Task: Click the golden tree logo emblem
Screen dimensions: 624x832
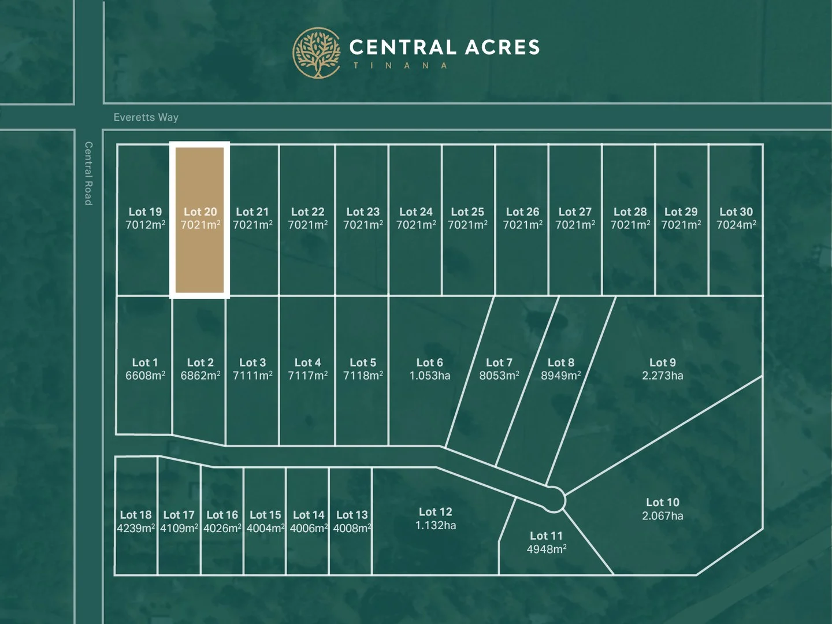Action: [317, 53]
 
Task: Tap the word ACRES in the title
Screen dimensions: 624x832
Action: [502, 47]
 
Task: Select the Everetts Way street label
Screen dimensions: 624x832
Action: [146, 117]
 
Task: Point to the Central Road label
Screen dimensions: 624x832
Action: [88, 173]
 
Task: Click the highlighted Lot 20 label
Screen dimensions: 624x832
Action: [200, 212]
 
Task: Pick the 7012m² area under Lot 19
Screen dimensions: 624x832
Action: [145, 225]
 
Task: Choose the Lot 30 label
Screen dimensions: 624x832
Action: [736, 212]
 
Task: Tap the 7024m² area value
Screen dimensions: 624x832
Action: [736, 225]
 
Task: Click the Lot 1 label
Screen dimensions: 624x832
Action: [145, 363]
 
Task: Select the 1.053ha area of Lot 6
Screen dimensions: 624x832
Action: [430, 376]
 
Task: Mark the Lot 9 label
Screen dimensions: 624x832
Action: [663, 363]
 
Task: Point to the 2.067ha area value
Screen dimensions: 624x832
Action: [663, 515]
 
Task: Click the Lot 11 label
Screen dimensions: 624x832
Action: [546, 536]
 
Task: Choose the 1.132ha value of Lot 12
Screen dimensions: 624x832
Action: [436, 525]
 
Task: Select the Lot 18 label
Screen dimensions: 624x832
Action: [136, 515]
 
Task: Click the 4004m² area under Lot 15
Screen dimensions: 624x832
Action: [265, 528]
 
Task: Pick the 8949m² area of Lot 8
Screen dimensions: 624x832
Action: [560, 376]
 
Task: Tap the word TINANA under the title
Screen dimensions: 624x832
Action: [400, 66]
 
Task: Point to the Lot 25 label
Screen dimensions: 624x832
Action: [467, 212]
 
